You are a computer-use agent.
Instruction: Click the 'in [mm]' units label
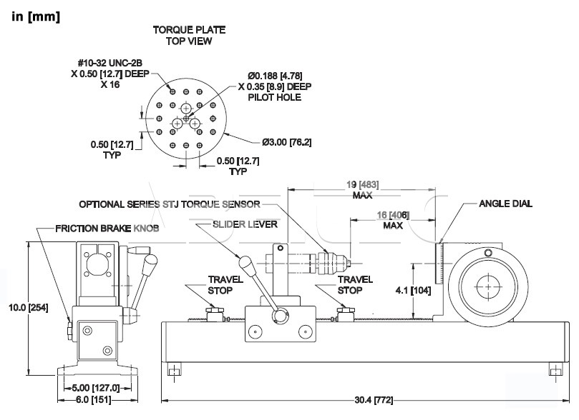click(x=36, y=16)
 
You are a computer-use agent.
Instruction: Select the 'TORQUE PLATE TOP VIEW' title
click(x=189, y=36)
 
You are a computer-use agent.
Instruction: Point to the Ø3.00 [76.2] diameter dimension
click(x=286, y=142)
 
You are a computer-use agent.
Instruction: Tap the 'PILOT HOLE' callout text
click(x=274, y=97)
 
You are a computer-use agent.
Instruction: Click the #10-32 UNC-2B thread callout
click(x=110, y=63)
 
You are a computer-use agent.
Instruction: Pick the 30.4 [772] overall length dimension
click(x=374, y=400)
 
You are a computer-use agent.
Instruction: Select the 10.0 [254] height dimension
click(x=29, y=307)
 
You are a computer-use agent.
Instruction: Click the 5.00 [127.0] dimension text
click(x=96, y=388)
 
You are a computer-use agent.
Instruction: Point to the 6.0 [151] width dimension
click(x=94, y=399)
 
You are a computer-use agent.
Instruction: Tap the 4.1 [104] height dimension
click(x=413, y=290)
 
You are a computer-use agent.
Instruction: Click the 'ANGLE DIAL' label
click(x=505, y=204)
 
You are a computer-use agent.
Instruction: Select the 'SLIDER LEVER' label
click(x=245, y=224)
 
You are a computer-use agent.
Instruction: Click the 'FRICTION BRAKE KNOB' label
click(x=107, y=229)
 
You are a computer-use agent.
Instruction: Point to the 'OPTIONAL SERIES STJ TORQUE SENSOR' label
click(x=170, y=204)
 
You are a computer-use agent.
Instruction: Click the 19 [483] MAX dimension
click(x=362, y=189)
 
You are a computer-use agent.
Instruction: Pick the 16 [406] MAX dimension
click(x=393, y=220)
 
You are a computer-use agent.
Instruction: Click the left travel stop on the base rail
click(x=215, y=314)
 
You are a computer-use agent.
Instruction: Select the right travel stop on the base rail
click(x=345, y=314)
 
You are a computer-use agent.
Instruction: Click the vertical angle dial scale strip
click(x=439, y=264)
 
